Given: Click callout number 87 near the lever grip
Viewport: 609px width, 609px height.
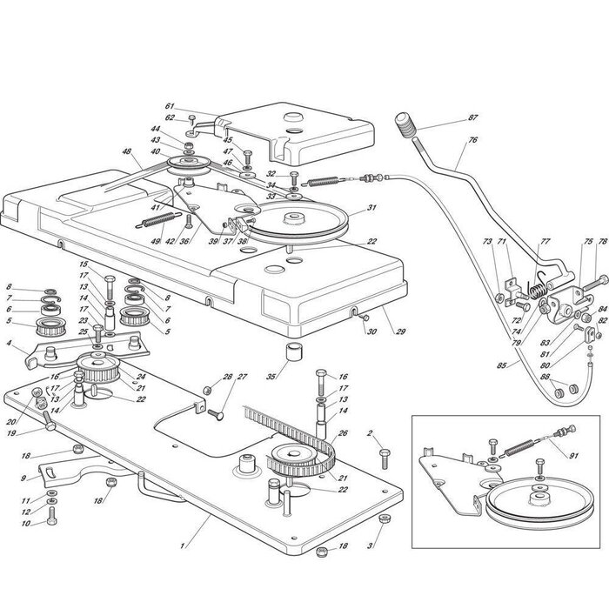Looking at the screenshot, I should point(472,117).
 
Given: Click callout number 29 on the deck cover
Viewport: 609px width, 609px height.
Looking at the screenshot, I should point(377,331).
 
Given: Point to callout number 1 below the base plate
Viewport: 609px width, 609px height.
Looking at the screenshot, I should point(182,545).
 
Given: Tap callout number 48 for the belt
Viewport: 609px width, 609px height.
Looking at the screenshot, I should point(127,151).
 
